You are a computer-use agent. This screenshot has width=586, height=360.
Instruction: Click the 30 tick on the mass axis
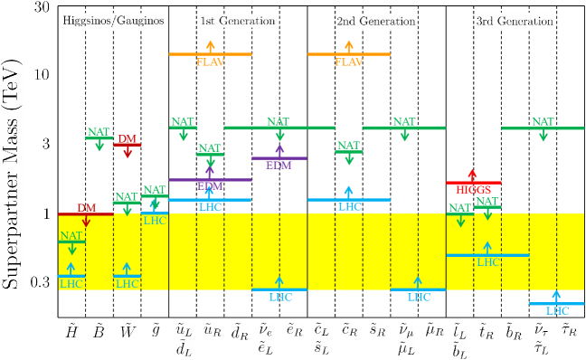click(40, 7)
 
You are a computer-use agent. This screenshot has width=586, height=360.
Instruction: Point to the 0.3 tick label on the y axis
click(38, 282)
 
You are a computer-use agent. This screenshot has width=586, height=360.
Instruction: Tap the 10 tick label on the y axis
click(40, 74)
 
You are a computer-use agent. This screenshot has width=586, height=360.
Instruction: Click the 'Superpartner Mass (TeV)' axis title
click(13, 171)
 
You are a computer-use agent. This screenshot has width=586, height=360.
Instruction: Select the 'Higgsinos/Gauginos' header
click(113, 21)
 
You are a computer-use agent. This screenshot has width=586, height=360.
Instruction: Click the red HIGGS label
click(473, 190)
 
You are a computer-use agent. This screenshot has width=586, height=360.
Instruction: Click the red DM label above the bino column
click(128, 139)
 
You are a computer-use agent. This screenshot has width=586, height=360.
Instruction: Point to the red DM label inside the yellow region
click(87, 208)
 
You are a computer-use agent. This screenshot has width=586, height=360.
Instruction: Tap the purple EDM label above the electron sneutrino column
click(279, 165)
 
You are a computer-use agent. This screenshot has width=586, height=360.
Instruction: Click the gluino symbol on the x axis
click(155, 330)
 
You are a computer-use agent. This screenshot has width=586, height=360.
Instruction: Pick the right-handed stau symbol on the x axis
click(569, 329)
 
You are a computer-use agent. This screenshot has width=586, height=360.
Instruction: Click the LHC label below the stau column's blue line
click(556, 310)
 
